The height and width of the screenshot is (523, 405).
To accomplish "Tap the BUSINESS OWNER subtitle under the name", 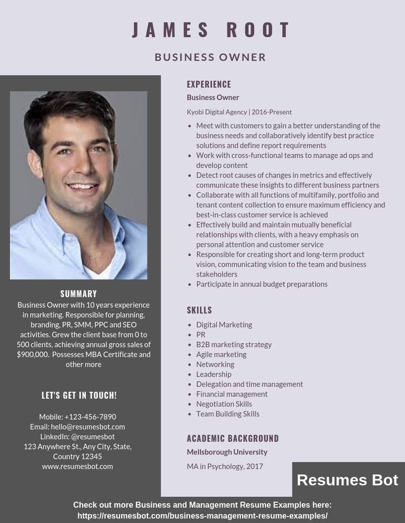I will (210, 57).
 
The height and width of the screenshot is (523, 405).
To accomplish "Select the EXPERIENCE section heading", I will (209, 84).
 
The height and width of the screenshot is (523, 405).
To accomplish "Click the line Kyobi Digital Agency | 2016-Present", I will (239, 112).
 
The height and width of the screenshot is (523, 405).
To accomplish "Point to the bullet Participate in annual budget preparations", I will (261, 284).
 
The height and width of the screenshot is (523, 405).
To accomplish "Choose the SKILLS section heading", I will (199, 310).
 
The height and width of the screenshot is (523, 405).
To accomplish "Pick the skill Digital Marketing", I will (224, 325).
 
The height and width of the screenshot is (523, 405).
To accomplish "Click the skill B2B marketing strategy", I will (234, 344).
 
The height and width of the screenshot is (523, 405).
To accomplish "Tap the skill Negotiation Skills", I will (224, 404).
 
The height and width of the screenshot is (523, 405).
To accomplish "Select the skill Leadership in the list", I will (214, 374).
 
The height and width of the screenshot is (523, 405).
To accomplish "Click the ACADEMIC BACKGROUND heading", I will (233, 438).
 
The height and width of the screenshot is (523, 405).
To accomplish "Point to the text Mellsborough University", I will (227, 452).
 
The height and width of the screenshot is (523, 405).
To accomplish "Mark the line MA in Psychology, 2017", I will (225, 466).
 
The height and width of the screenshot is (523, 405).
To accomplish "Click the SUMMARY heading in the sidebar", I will (79, 294).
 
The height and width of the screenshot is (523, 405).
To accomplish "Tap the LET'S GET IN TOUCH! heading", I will (79, 395).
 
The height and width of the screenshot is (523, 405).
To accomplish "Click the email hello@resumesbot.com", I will (88, 427).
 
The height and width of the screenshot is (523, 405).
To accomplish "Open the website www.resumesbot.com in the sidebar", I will (78, 466).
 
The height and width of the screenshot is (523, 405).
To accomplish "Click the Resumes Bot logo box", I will (348, 480).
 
